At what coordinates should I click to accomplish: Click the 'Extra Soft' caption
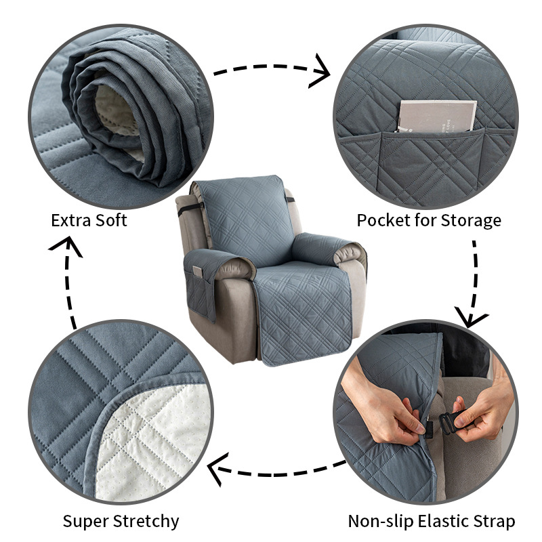click(89, 220)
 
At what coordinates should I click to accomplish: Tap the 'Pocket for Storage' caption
click(429, 220)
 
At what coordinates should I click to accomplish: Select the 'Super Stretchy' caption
click(121, 521)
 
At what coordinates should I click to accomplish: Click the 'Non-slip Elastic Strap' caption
click(432, 521)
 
